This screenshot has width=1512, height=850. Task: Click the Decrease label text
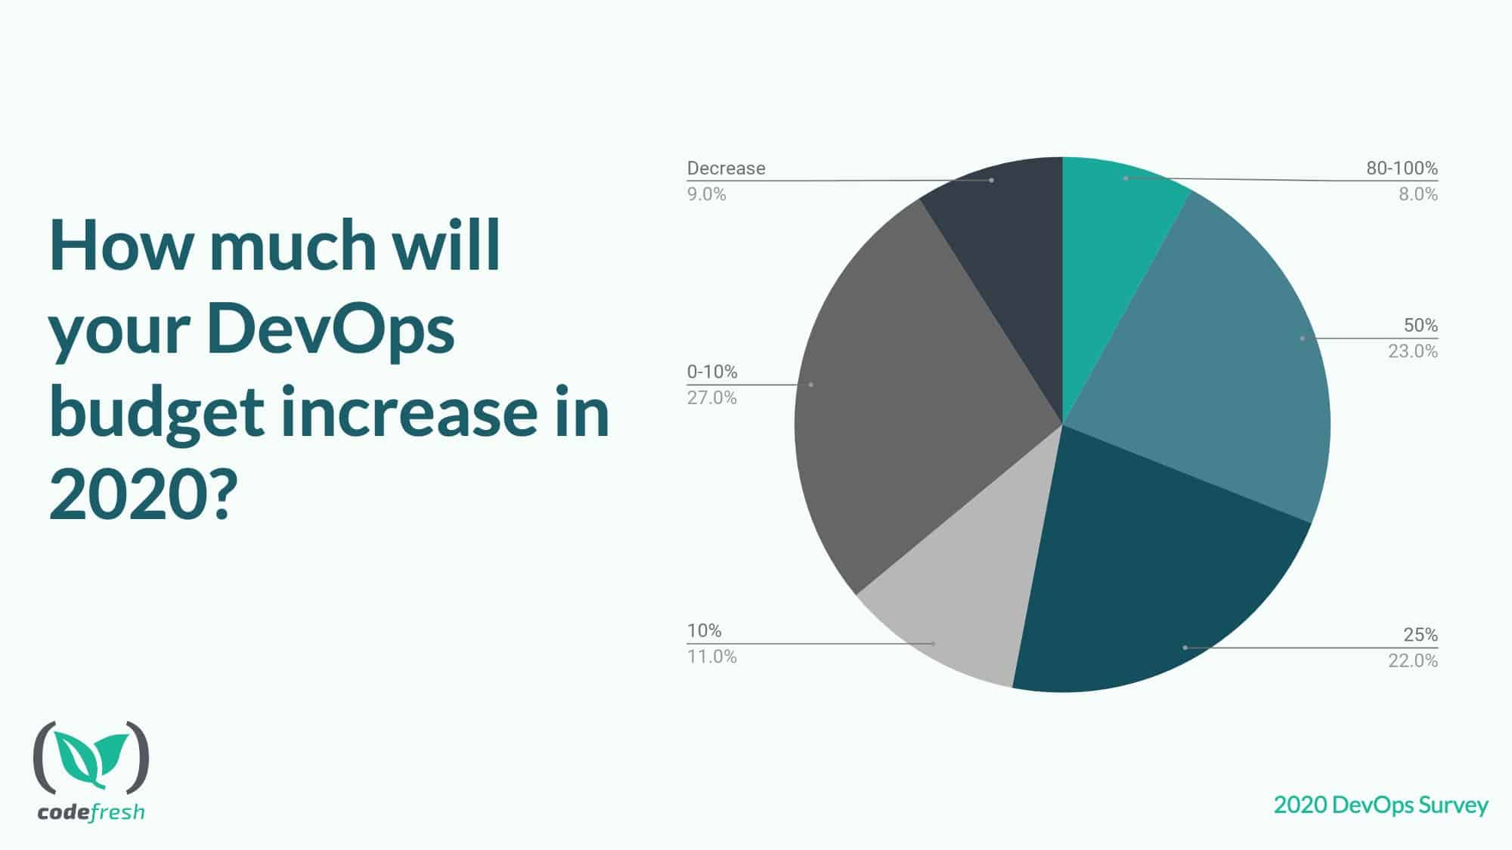click(x=726, y=168)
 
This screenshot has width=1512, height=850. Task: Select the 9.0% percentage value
click(x=706, y=194)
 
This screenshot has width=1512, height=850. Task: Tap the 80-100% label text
click(x=1402, y=168)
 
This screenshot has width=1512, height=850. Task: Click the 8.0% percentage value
click(x=1417, y=194)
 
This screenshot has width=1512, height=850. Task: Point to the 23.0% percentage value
click(x=1412, y=351)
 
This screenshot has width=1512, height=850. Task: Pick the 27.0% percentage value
click(x=711, y=397)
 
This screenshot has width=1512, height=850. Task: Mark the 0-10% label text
click(x=711, y=372)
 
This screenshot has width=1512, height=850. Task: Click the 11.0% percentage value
click(x=711, y=657)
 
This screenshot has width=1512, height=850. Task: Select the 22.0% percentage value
click(x=1412, y=661)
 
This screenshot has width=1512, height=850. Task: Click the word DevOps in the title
click(x=330, y=330)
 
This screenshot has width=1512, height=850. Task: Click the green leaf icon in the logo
click(x=91, y=758)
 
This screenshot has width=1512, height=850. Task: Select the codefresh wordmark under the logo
click(x=91, y=813)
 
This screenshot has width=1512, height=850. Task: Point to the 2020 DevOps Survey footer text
click(x=1380, y=805)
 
